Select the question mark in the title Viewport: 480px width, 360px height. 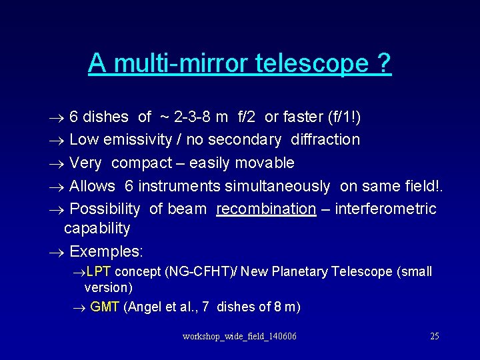click(384, 63)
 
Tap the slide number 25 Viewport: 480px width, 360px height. click(434, 336)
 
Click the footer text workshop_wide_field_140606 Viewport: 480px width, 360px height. click(239, 336)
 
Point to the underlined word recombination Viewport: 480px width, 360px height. click(266, 209)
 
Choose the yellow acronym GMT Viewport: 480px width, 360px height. click(105, 307)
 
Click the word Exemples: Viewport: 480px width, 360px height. click(106, 251)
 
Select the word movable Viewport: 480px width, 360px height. click(265, 163)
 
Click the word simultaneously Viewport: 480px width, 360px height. click(277, 186)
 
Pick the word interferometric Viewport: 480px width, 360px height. click(385, 209)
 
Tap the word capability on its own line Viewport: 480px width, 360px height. click(97, 228)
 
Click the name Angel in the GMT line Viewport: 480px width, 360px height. click(143, 307)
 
